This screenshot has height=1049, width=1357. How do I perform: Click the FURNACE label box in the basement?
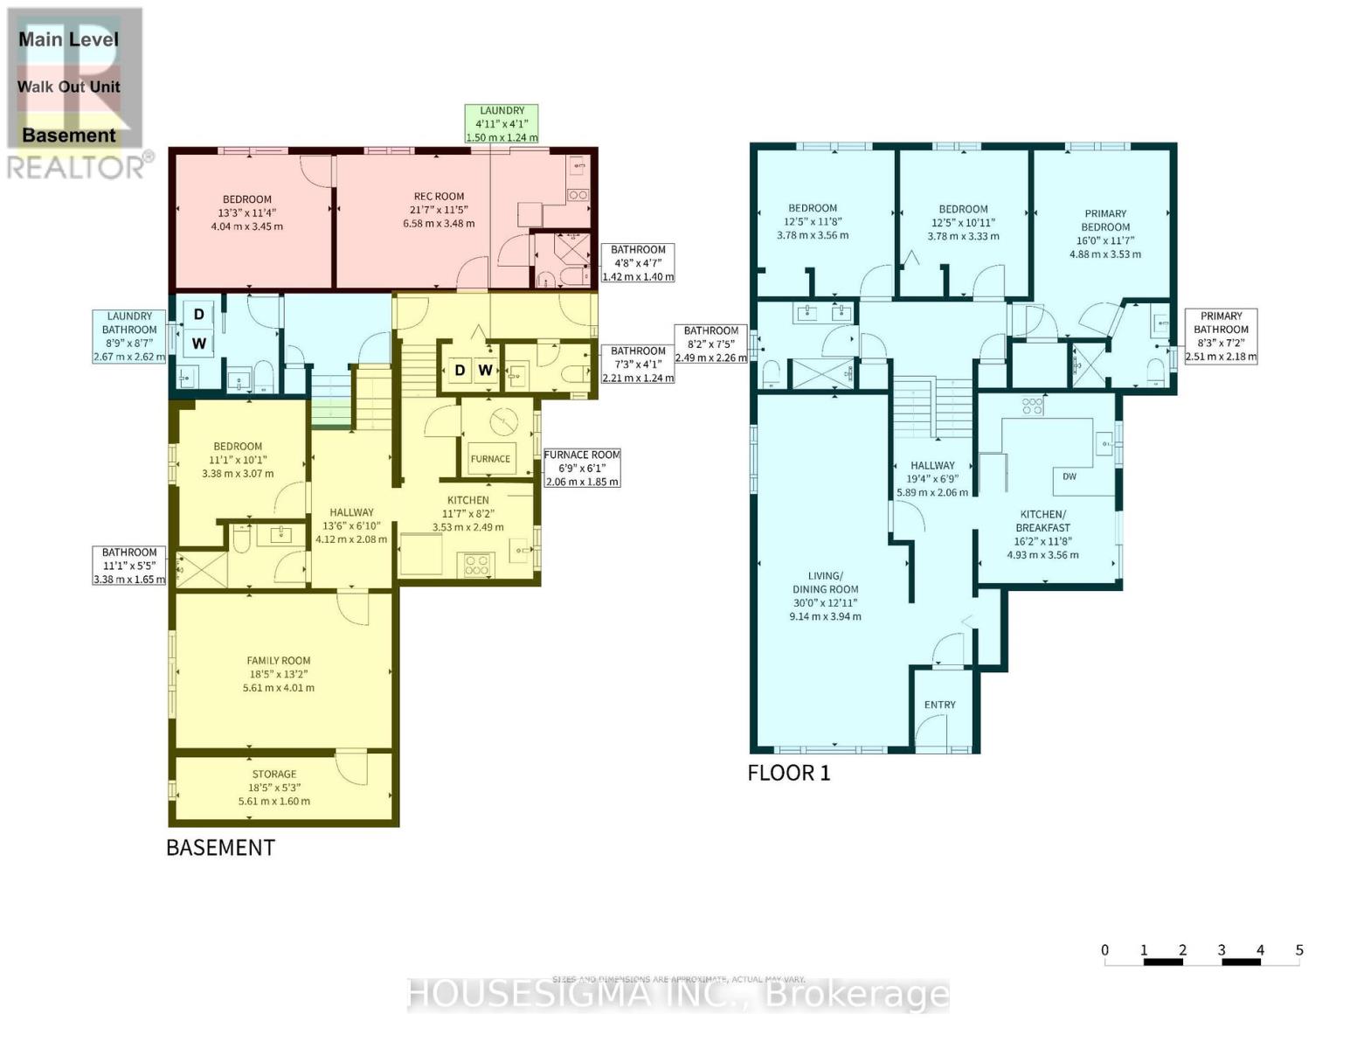[490, 459]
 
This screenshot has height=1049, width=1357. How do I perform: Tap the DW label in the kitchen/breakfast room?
[1070, 476]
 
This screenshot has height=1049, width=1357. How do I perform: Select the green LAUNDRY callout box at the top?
[502, 124]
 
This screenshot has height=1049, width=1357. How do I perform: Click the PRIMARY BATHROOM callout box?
[1221, 336]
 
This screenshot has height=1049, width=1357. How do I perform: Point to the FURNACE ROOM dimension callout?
[582, 469]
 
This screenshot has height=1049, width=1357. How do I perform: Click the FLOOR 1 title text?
[788, 773]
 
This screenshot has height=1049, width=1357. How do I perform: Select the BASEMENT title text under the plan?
[220, 848]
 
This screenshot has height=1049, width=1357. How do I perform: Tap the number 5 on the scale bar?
[1299, 950]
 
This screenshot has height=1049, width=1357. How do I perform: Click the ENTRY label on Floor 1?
[940, 705]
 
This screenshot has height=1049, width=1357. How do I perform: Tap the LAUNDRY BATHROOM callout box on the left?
[129, 337]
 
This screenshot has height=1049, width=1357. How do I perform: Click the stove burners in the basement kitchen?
[477, 565]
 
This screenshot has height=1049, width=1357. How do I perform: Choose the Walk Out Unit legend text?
[69, 87]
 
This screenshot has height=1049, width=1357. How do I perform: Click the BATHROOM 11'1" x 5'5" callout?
[129, 566]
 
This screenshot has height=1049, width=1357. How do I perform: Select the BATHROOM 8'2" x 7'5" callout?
[710, 344]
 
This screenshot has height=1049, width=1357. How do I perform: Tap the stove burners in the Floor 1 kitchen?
[1032, 405]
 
